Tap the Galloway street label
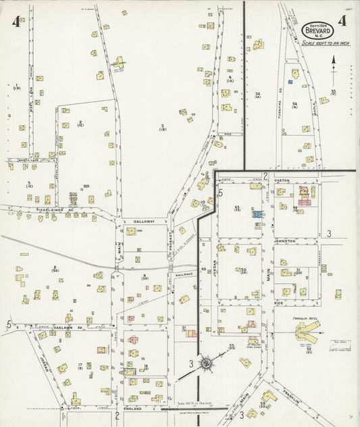144,221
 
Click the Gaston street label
281,180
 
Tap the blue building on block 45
257,214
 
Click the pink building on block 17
102,350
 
